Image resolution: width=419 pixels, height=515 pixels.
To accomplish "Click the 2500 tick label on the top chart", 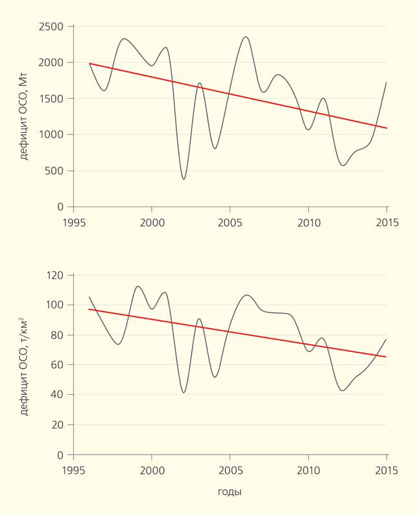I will point(51,27).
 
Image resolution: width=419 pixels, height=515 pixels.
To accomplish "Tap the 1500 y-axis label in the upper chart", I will point(51,99).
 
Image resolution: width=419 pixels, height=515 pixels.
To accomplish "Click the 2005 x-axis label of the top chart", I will point(230,222).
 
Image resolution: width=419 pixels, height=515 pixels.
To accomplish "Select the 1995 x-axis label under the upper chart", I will point(73,222).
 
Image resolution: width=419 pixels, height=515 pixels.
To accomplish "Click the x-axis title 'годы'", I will point(230,492).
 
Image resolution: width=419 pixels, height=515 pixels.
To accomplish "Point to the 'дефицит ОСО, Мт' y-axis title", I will point(25,118).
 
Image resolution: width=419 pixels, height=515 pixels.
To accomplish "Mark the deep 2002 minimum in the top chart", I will point(184,179).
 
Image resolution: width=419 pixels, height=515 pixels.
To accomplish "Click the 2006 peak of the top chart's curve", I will point(246,36).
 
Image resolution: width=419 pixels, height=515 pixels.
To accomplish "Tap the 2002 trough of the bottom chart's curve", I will point(184,392).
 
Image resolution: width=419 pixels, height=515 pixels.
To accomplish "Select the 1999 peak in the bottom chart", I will point(138,286).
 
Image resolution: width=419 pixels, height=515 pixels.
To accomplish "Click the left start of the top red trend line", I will point(90,64).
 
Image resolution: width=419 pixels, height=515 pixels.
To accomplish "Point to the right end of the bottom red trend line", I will point(387,357).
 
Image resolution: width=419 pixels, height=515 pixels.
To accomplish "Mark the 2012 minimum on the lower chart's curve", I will point(342,390).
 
